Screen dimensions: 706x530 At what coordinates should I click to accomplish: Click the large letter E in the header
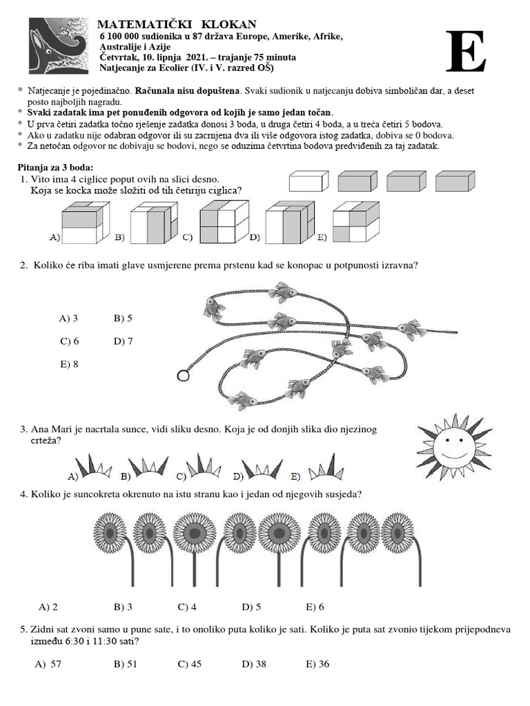click(465, 52)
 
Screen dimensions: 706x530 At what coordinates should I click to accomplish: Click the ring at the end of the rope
click(184, 376)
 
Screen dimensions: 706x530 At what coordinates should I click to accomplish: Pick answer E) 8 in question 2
click(69, 364)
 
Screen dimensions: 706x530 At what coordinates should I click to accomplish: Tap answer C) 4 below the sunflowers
click(187, 607)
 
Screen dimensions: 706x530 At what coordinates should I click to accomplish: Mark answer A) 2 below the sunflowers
click(48, 607)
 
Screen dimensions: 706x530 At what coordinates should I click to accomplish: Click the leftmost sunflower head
click(110, 532)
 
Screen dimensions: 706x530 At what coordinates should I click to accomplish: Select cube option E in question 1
click(355, 223)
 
